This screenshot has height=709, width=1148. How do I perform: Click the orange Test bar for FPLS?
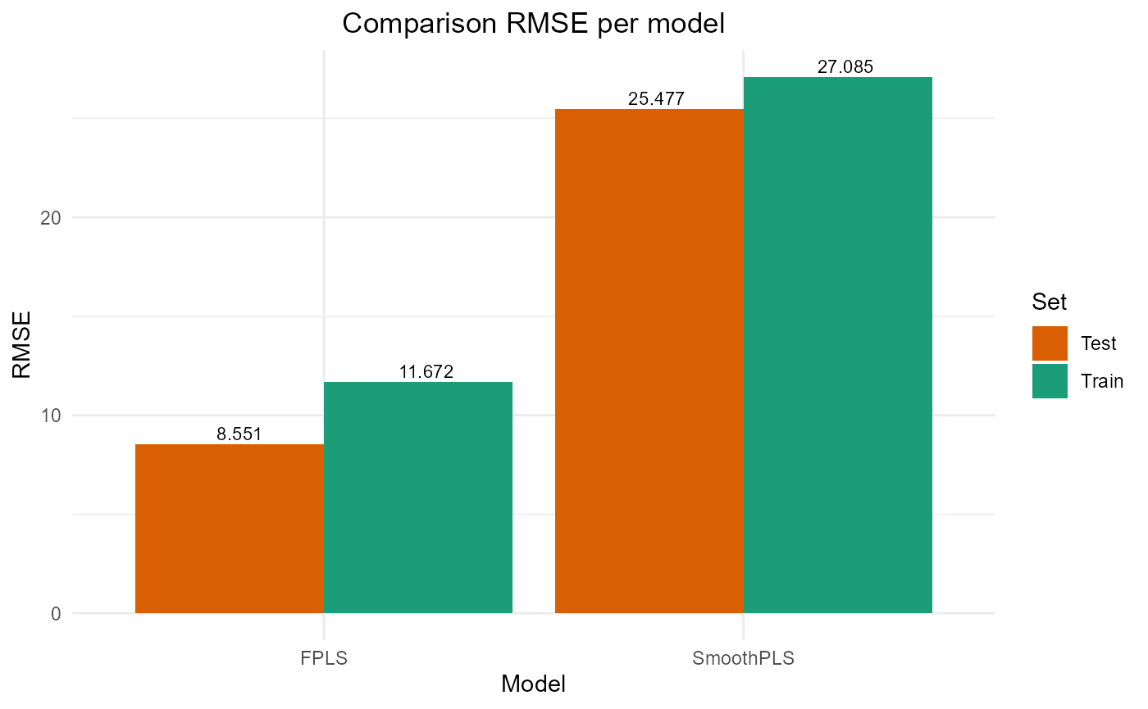click(230, 529)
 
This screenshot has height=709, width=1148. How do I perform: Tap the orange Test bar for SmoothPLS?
click(649, 361)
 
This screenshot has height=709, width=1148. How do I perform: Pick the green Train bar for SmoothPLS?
click(838, 344)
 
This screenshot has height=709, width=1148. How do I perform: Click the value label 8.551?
click(239, 434)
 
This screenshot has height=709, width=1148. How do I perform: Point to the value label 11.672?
click(426, 372)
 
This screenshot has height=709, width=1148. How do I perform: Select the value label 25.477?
click(656, 99)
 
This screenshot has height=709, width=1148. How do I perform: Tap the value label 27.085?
click(845, 67)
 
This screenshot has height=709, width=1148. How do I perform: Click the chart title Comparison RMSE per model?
click(533, 24)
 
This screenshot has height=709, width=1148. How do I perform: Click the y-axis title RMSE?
click(23, 343)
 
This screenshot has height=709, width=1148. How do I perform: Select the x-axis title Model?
click(533, 684)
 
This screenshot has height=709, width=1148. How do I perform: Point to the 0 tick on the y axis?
click(56, 614)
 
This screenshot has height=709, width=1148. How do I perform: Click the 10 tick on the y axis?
click(51, 416)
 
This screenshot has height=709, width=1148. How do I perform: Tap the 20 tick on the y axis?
click(51, 217)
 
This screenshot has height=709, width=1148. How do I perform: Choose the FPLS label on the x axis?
click(324, 657)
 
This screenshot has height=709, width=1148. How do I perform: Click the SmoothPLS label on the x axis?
click(744, 657)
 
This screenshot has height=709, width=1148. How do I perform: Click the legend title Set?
click(1050, 302)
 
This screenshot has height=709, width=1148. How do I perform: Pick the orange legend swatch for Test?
click(1050, 343)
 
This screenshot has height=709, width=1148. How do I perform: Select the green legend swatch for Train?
click(1050, 381)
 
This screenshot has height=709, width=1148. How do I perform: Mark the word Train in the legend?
click(1097, 381)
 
